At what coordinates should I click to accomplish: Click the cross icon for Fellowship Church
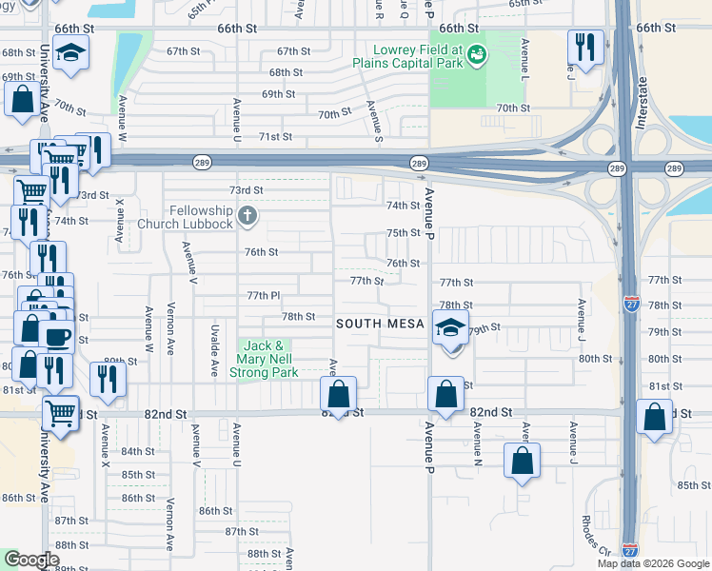247,216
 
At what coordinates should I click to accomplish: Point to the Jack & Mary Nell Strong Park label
264,359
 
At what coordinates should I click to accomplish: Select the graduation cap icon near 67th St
70,53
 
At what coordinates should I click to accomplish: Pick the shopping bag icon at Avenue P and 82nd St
445,392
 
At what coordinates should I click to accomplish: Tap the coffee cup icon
56,337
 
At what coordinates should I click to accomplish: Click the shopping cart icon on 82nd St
61,412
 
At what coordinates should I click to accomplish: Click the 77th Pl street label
264,296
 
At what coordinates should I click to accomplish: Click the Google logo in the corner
31,560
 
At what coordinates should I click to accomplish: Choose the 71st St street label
275,137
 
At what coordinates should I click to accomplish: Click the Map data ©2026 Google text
653,563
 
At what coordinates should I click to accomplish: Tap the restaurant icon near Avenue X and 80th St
108,379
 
